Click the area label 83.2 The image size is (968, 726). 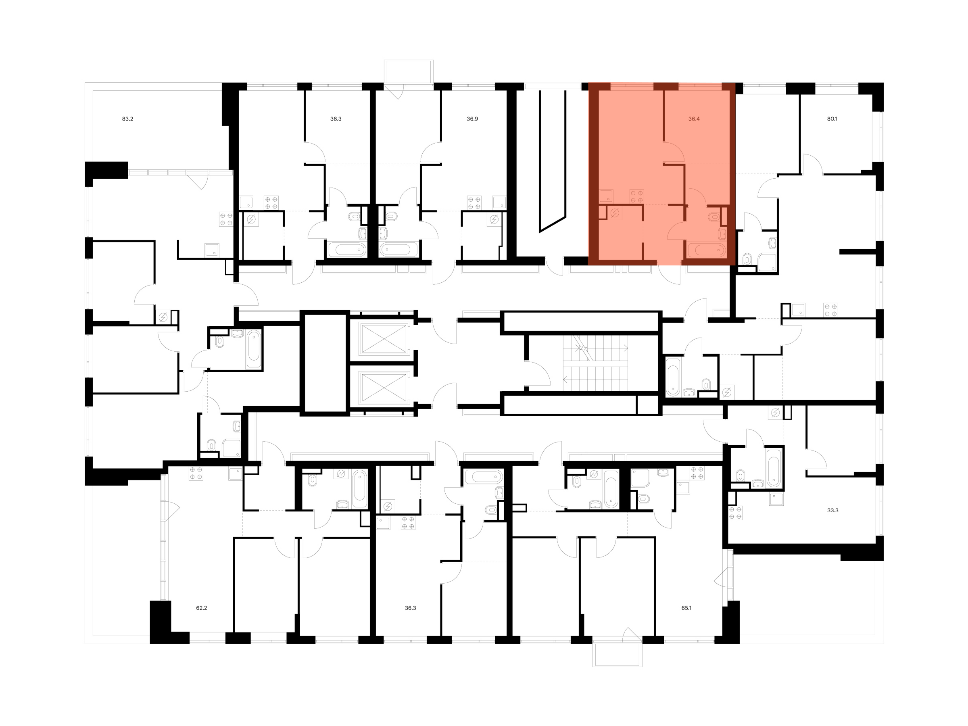point(127,119)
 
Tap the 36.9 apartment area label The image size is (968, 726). point(472,119)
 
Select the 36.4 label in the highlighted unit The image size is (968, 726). point(694,119)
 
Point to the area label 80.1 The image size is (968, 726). point(832,119)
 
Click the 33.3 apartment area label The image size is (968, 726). point(833,510)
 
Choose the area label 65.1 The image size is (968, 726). point(686,608)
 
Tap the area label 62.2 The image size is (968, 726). point(201,608)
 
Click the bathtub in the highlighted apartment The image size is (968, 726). point(707,251)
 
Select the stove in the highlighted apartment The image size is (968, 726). point(636,196)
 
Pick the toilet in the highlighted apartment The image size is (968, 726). point(715,216)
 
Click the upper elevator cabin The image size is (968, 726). point(384,338)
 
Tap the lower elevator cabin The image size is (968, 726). point(384,388)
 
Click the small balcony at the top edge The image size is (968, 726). point(409,71)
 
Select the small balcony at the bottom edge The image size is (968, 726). point(618,655)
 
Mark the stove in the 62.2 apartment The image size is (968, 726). point(196,474)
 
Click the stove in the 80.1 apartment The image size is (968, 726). point(830,310)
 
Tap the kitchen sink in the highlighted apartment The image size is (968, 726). point(606,196)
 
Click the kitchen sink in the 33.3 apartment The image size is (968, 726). point(777,499)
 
